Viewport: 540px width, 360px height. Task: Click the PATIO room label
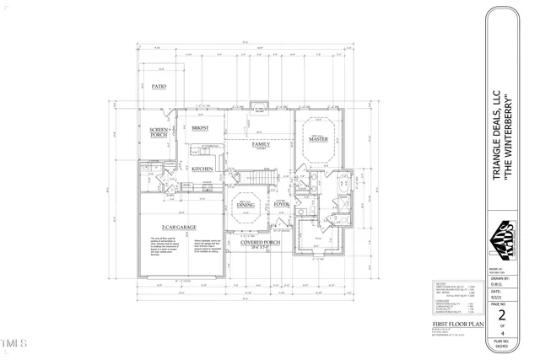[159, 87]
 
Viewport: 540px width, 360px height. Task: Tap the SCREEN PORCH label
[159, 132]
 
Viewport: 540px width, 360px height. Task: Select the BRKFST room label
[200, 127]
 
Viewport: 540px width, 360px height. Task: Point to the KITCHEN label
[202, 169]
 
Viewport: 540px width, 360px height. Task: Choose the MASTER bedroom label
[318, 139]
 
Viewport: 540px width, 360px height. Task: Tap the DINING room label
[246, 205]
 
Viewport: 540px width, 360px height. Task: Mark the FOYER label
[282, 204]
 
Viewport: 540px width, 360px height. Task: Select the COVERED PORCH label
[260, 243]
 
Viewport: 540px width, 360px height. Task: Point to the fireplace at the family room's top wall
[260, 107]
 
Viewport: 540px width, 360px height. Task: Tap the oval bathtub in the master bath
[346, 185]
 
